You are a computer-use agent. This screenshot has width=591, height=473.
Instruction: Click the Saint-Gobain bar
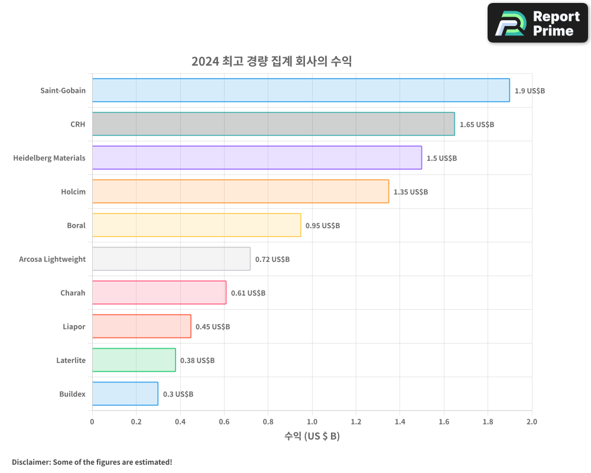(301, 90)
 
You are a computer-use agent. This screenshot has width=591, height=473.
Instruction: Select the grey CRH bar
(273, 124)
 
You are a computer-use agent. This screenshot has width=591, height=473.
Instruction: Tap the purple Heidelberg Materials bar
(256, 158)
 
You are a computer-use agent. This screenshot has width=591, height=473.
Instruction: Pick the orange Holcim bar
(240, 192)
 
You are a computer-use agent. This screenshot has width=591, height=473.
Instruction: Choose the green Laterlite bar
(134, 360)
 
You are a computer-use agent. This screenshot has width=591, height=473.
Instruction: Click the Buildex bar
(125, 394)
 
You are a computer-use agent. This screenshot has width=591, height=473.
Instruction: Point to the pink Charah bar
(159, 293)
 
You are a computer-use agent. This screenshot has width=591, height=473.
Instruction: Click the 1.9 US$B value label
(530, 91)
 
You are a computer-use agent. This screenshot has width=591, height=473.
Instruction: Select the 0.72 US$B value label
(272, 260)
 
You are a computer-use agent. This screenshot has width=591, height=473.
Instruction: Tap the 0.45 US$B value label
(213, 327)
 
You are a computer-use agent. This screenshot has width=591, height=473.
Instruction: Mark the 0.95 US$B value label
(323, 226)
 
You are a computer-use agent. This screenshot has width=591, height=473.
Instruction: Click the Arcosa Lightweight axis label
(52, 260)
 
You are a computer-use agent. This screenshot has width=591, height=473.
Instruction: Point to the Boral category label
(76, 226)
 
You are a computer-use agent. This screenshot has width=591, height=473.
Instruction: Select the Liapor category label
(74, 327)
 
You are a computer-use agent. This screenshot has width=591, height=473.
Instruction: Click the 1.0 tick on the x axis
(311, 422)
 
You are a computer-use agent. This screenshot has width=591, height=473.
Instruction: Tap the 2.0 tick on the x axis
(531, 422)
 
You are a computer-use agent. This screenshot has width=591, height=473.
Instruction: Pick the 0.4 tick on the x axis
(180, 422)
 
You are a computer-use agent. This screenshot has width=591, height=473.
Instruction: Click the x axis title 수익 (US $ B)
(311, 436)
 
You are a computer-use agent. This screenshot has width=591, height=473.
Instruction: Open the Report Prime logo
(537, 23)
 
